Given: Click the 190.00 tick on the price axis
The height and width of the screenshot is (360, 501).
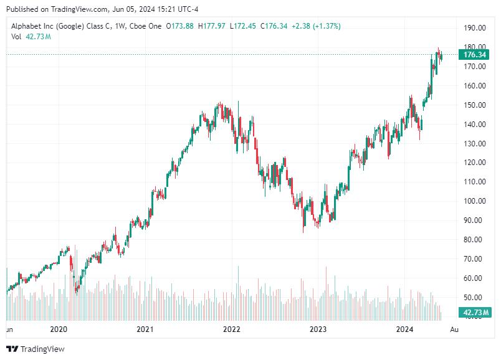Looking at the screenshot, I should [474, 28].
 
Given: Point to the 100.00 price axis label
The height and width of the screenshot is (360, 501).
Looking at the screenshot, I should [474, 201].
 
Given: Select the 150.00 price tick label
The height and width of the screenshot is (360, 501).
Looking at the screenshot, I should [474, 105].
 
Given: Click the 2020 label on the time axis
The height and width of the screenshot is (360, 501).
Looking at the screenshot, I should [58, 329].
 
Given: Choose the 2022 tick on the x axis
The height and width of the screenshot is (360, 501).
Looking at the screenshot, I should [232, 329].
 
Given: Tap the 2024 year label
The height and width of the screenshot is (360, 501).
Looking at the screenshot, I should [405, 329].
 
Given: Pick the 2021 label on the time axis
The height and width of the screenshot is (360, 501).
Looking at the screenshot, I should [145, 329].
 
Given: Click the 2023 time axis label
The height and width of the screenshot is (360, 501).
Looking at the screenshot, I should [318, 329].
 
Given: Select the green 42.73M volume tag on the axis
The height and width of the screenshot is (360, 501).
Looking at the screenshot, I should [475, 312].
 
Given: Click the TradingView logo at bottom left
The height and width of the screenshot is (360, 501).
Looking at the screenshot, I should [36, 349].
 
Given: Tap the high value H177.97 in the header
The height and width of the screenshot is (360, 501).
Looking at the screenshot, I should [214, 26].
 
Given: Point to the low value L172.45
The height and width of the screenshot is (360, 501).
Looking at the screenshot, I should [244, 26].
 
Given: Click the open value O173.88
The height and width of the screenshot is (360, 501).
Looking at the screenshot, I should [183, 26].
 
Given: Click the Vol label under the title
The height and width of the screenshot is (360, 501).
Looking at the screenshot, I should [17, 37].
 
